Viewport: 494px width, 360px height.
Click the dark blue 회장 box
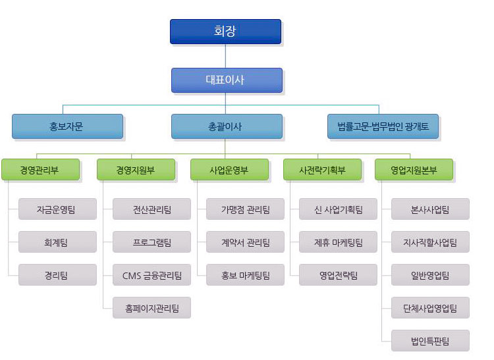[225, 32]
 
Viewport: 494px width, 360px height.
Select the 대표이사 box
[227, 80]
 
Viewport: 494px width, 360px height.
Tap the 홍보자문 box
[67, 126]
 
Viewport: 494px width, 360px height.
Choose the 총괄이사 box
[227, 126]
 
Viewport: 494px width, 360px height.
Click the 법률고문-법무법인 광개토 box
[383, 126]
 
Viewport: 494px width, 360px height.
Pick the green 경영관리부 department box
[40, 170]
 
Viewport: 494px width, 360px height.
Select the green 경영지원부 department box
[136, 170]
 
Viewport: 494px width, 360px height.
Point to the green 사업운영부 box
[229, 170]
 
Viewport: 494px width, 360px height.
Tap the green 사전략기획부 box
[322, 170]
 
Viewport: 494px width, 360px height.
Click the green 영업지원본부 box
[414, 170]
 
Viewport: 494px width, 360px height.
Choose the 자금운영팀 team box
[57, 209]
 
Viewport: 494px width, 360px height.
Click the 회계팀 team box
[57, 242]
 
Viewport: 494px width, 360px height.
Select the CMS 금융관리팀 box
[151, 274]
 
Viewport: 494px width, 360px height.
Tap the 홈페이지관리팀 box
[151, 307]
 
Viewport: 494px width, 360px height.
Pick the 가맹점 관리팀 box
[245, 209]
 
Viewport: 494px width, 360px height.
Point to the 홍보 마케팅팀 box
[245, 274]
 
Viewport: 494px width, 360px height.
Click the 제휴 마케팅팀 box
[338, 242]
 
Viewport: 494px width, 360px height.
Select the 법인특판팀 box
[430, 340]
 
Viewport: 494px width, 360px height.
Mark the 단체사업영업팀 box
[430, 307]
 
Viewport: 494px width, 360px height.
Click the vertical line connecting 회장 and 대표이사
[225, 56]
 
